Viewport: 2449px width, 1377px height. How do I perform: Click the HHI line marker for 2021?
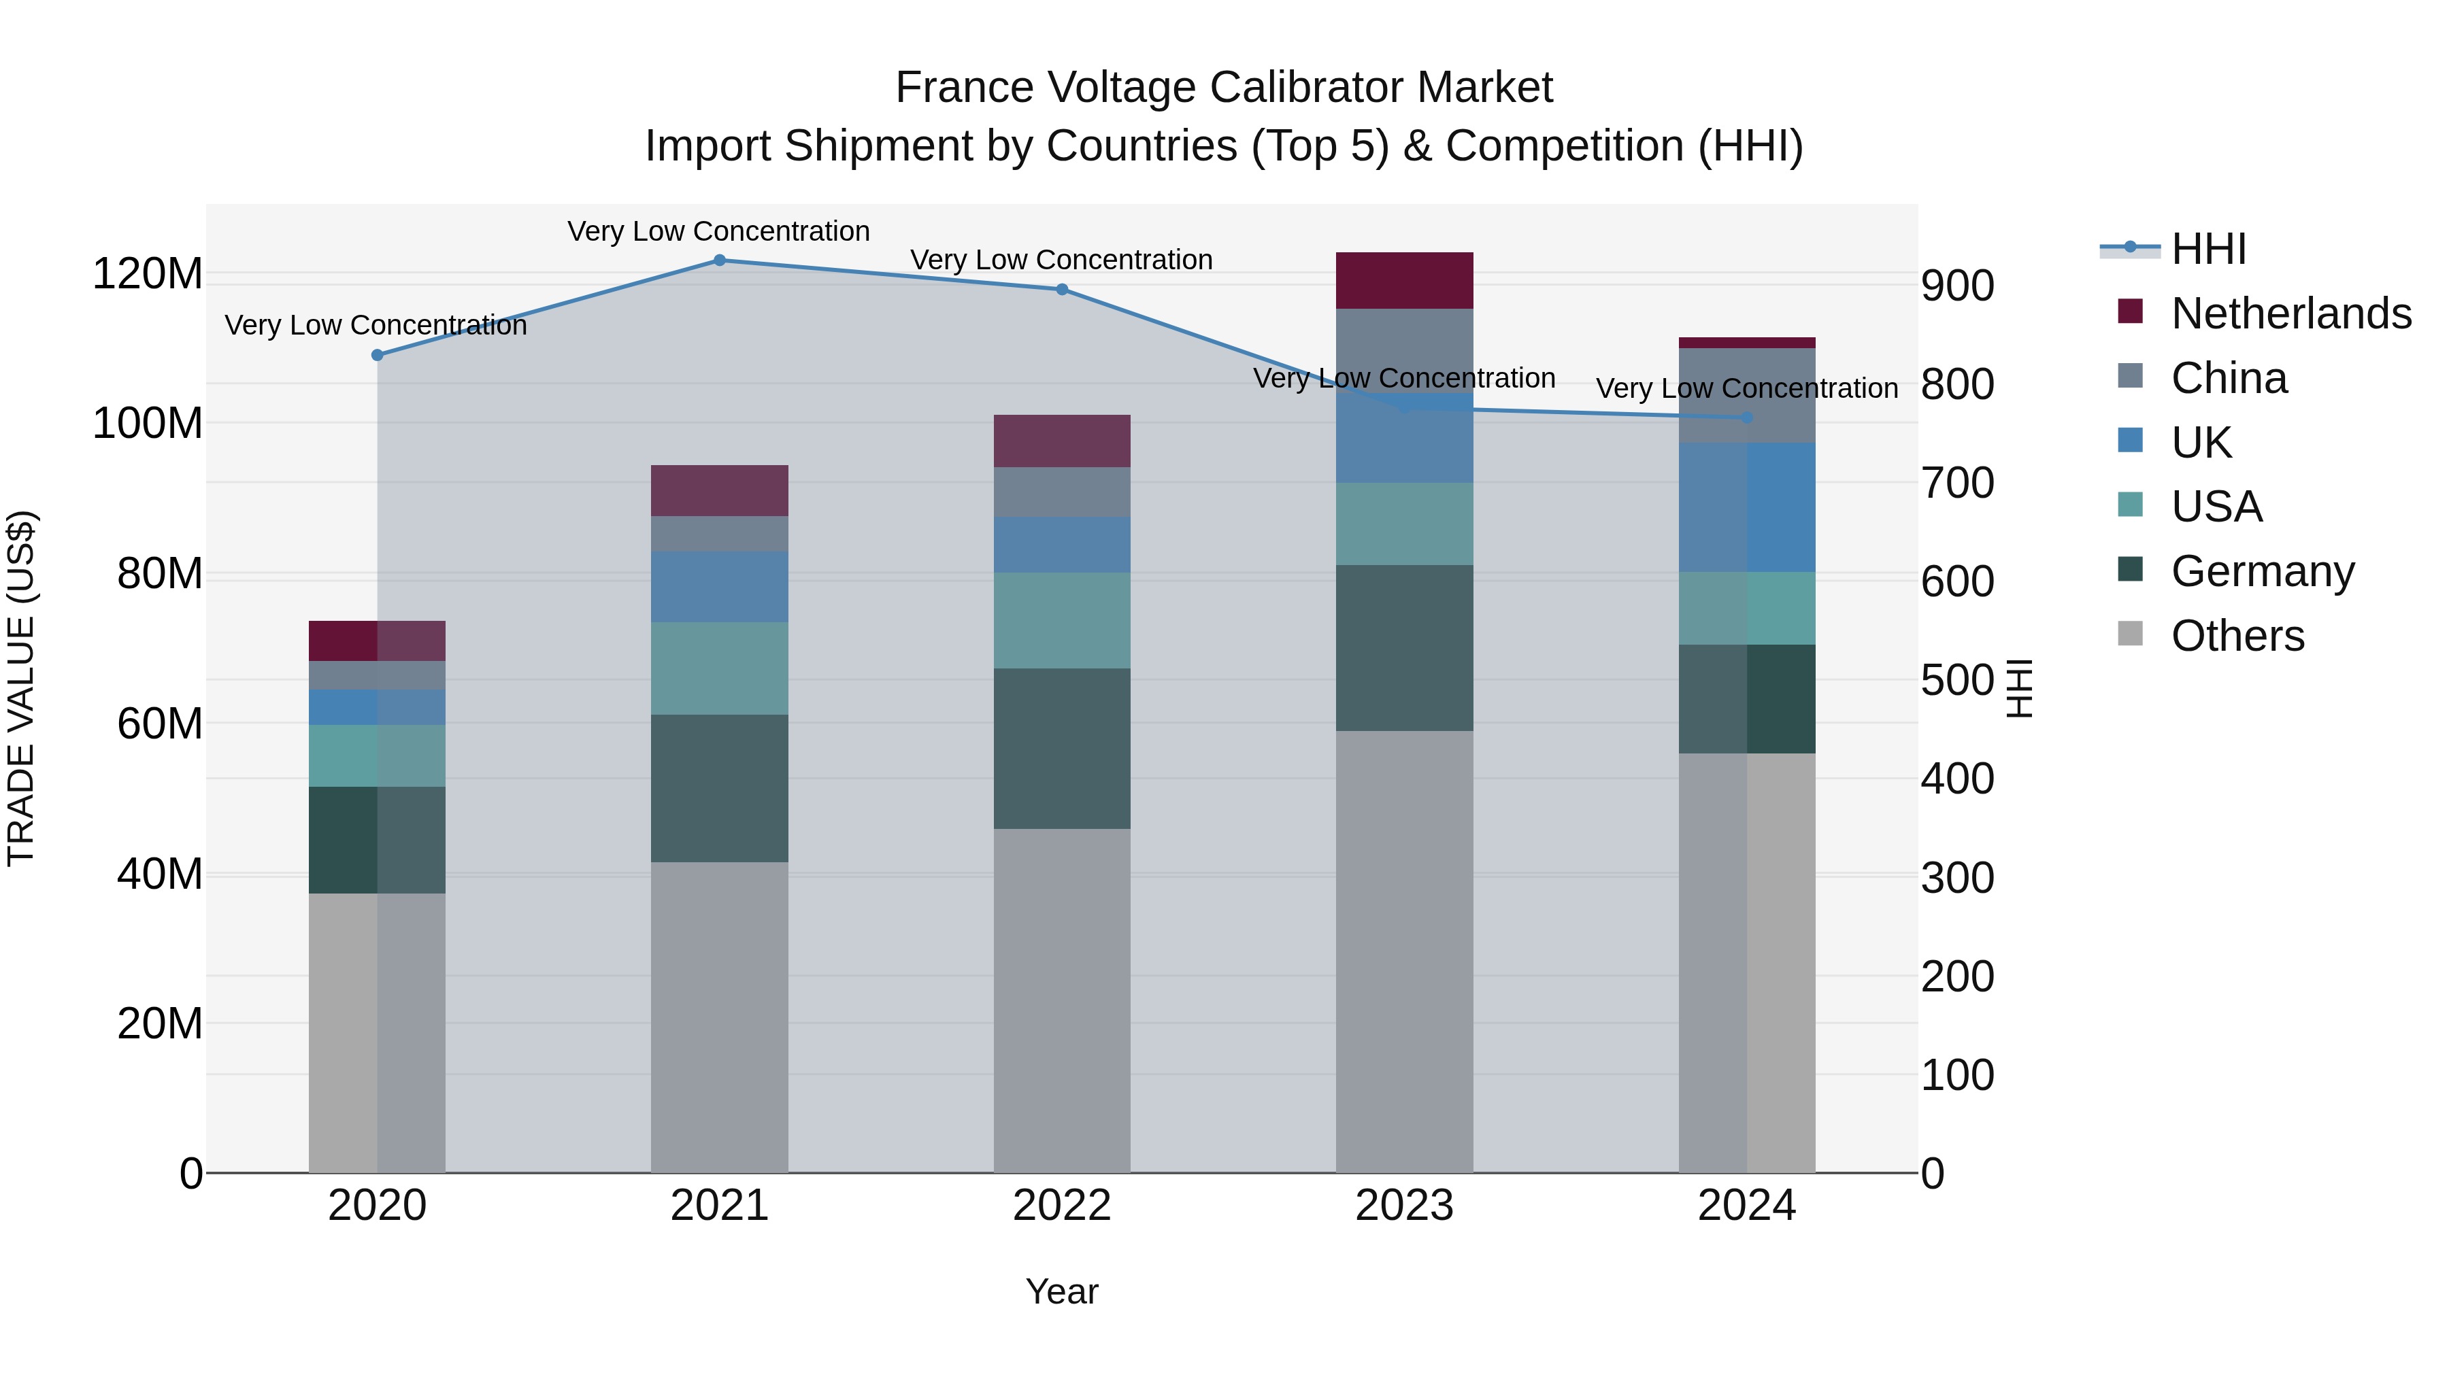coord(720,260)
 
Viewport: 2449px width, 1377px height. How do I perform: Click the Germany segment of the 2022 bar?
coord(1062,749)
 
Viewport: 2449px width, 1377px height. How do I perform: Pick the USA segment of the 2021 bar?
coord(720,668)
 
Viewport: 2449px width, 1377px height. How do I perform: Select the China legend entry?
coord(2229,378)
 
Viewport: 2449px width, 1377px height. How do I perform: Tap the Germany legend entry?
coord(2262,571)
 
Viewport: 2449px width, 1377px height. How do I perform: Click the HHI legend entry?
coord(2208,249)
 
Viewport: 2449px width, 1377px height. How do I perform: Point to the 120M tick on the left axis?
coord(148,273)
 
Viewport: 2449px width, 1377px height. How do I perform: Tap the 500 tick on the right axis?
coord(1957,681)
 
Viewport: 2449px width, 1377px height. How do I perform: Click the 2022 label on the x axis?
coord(1062,1206)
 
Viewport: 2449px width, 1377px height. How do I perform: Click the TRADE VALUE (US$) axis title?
coord(21,688)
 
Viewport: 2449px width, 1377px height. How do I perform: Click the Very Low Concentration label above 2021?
coord(719,231)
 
